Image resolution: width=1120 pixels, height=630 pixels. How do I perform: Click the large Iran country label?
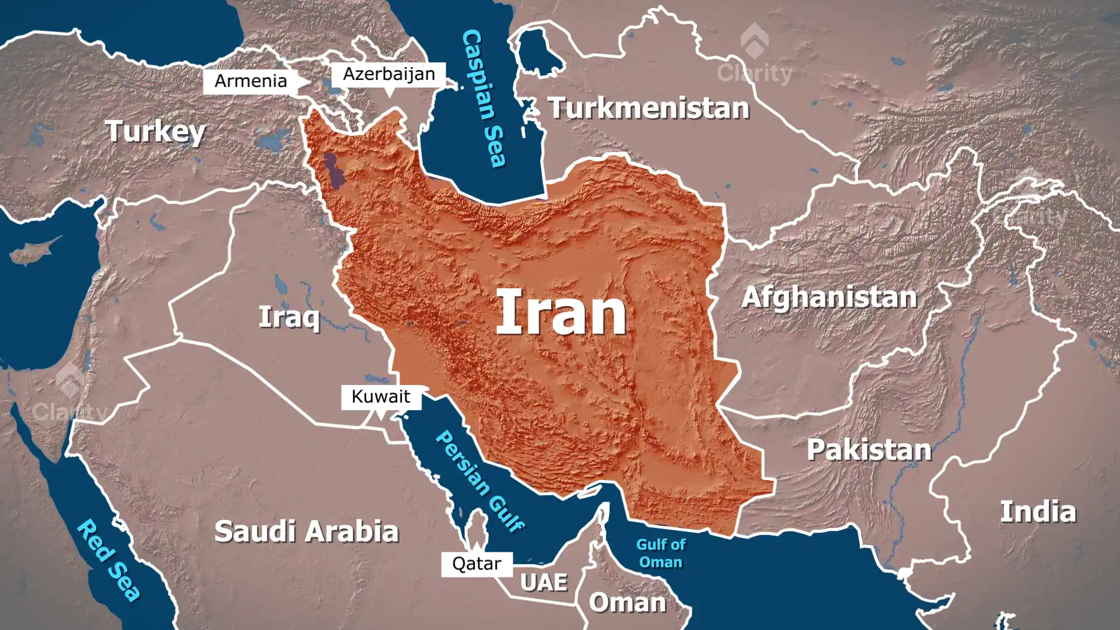(x=561, y=313)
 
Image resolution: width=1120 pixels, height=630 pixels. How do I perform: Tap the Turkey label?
(x=155, y=132)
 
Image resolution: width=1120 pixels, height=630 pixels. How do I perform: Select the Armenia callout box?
(x=251, y=81)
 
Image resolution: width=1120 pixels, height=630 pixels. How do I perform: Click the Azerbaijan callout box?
(x=388, y=74)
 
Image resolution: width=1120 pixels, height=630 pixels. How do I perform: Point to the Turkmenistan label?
(x=649, y=108)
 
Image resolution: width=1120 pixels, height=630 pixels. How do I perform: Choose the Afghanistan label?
(x=829, y=297)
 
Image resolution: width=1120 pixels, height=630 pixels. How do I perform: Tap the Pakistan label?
(x=869, y=450)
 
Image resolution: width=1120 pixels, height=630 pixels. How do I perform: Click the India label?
(x=1038, y=512)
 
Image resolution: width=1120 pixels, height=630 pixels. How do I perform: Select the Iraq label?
(x=289, y=317)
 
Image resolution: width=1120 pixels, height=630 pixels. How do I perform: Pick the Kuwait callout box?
(x=381, y=397)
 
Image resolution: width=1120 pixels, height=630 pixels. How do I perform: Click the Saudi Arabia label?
(x=306, y=531)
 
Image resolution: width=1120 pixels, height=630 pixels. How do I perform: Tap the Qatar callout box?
(x=477, y=563)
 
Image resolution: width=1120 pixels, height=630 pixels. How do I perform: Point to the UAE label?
(x=544, y=582)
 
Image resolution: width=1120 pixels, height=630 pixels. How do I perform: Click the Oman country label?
(x=627, y=603)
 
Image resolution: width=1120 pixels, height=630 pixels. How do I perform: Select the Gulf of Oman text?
(x=660, y=553)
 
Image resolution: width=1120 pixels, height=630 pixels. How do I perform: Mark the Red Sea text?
(x=108, y=560)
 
